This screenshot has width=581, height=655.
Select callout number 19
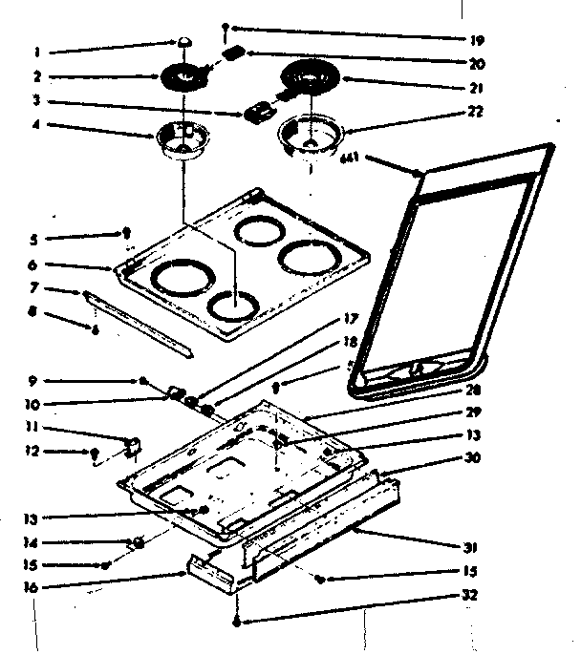pos(477,41)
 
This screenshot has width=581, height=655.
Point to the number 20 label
pos(477,64)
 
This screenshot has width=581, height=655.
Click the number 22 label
pos(476,112)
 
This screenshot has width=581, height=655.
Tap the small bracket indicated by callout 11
pos(132,444)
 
